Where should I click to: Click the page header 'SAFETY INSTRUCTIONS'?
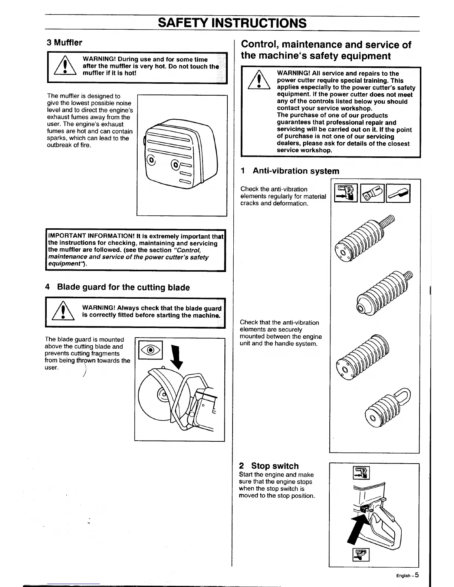click(232, 23)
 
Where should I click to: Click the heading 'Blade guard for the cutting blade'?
click(123, 288)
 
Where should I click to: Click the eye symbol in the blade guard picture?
click(150, 350)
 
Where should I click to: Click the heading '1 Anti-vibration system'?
click(290, 171)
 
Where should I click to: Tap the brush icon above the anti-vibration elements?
click(398, 193)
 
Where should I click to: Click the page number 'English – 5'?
click(407, 576)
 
